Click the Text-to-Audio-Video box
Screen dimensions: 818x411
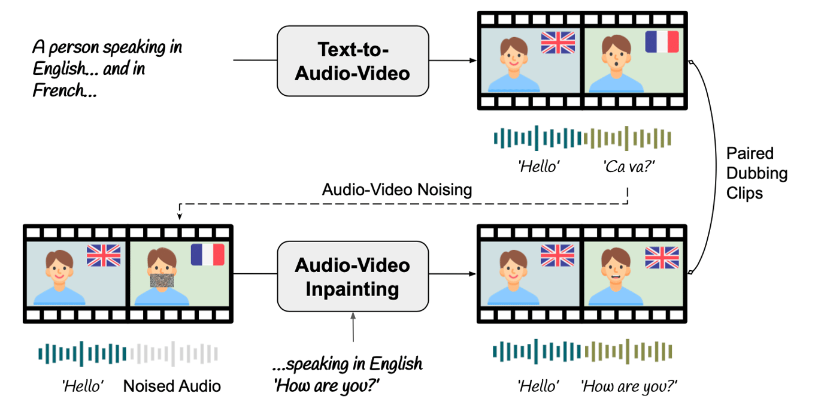click(353, 61)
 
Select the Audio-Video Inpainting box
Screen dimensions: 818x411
click(353, 276)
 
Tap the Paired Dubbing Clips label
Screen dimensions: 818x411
click(756, 173)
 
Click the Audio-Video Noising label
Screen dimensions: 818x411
click(396, 189)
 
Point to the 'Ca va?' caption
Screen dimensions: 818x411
click(629, 167)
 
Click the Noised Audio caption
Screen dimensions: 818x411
click(172, 386)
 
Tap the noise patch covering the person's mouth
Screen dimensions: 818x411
click(162, 280)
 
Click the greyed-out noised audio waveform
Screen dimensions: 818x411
click(174, 353)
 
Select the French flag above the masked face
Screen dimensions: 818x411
click(207, 255)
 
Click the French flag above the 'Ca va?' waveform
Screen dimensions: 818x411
click(662, 42)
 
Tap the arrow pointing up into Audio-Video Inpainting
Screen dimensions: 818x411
click(353, 327)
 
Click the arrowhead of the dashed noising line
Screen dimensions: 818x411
click(180, 216)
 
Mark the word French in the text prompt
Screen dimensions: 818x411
click(59, 90)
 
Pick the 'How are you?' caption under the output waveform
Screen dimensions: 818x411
click(629, 386)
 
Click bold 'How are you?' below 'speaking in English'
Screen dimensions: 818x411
click(327, 385)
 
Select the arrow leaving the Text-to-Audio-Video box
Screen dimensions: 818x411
click(453, 61)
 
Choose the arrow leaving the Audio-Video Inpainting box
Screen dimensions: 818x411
click(453, 274)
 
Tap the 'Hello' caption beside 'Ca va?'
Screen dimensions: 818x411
click(538, 167)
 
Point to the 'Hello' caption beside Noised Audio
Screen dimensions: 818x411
click(83, 386)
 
